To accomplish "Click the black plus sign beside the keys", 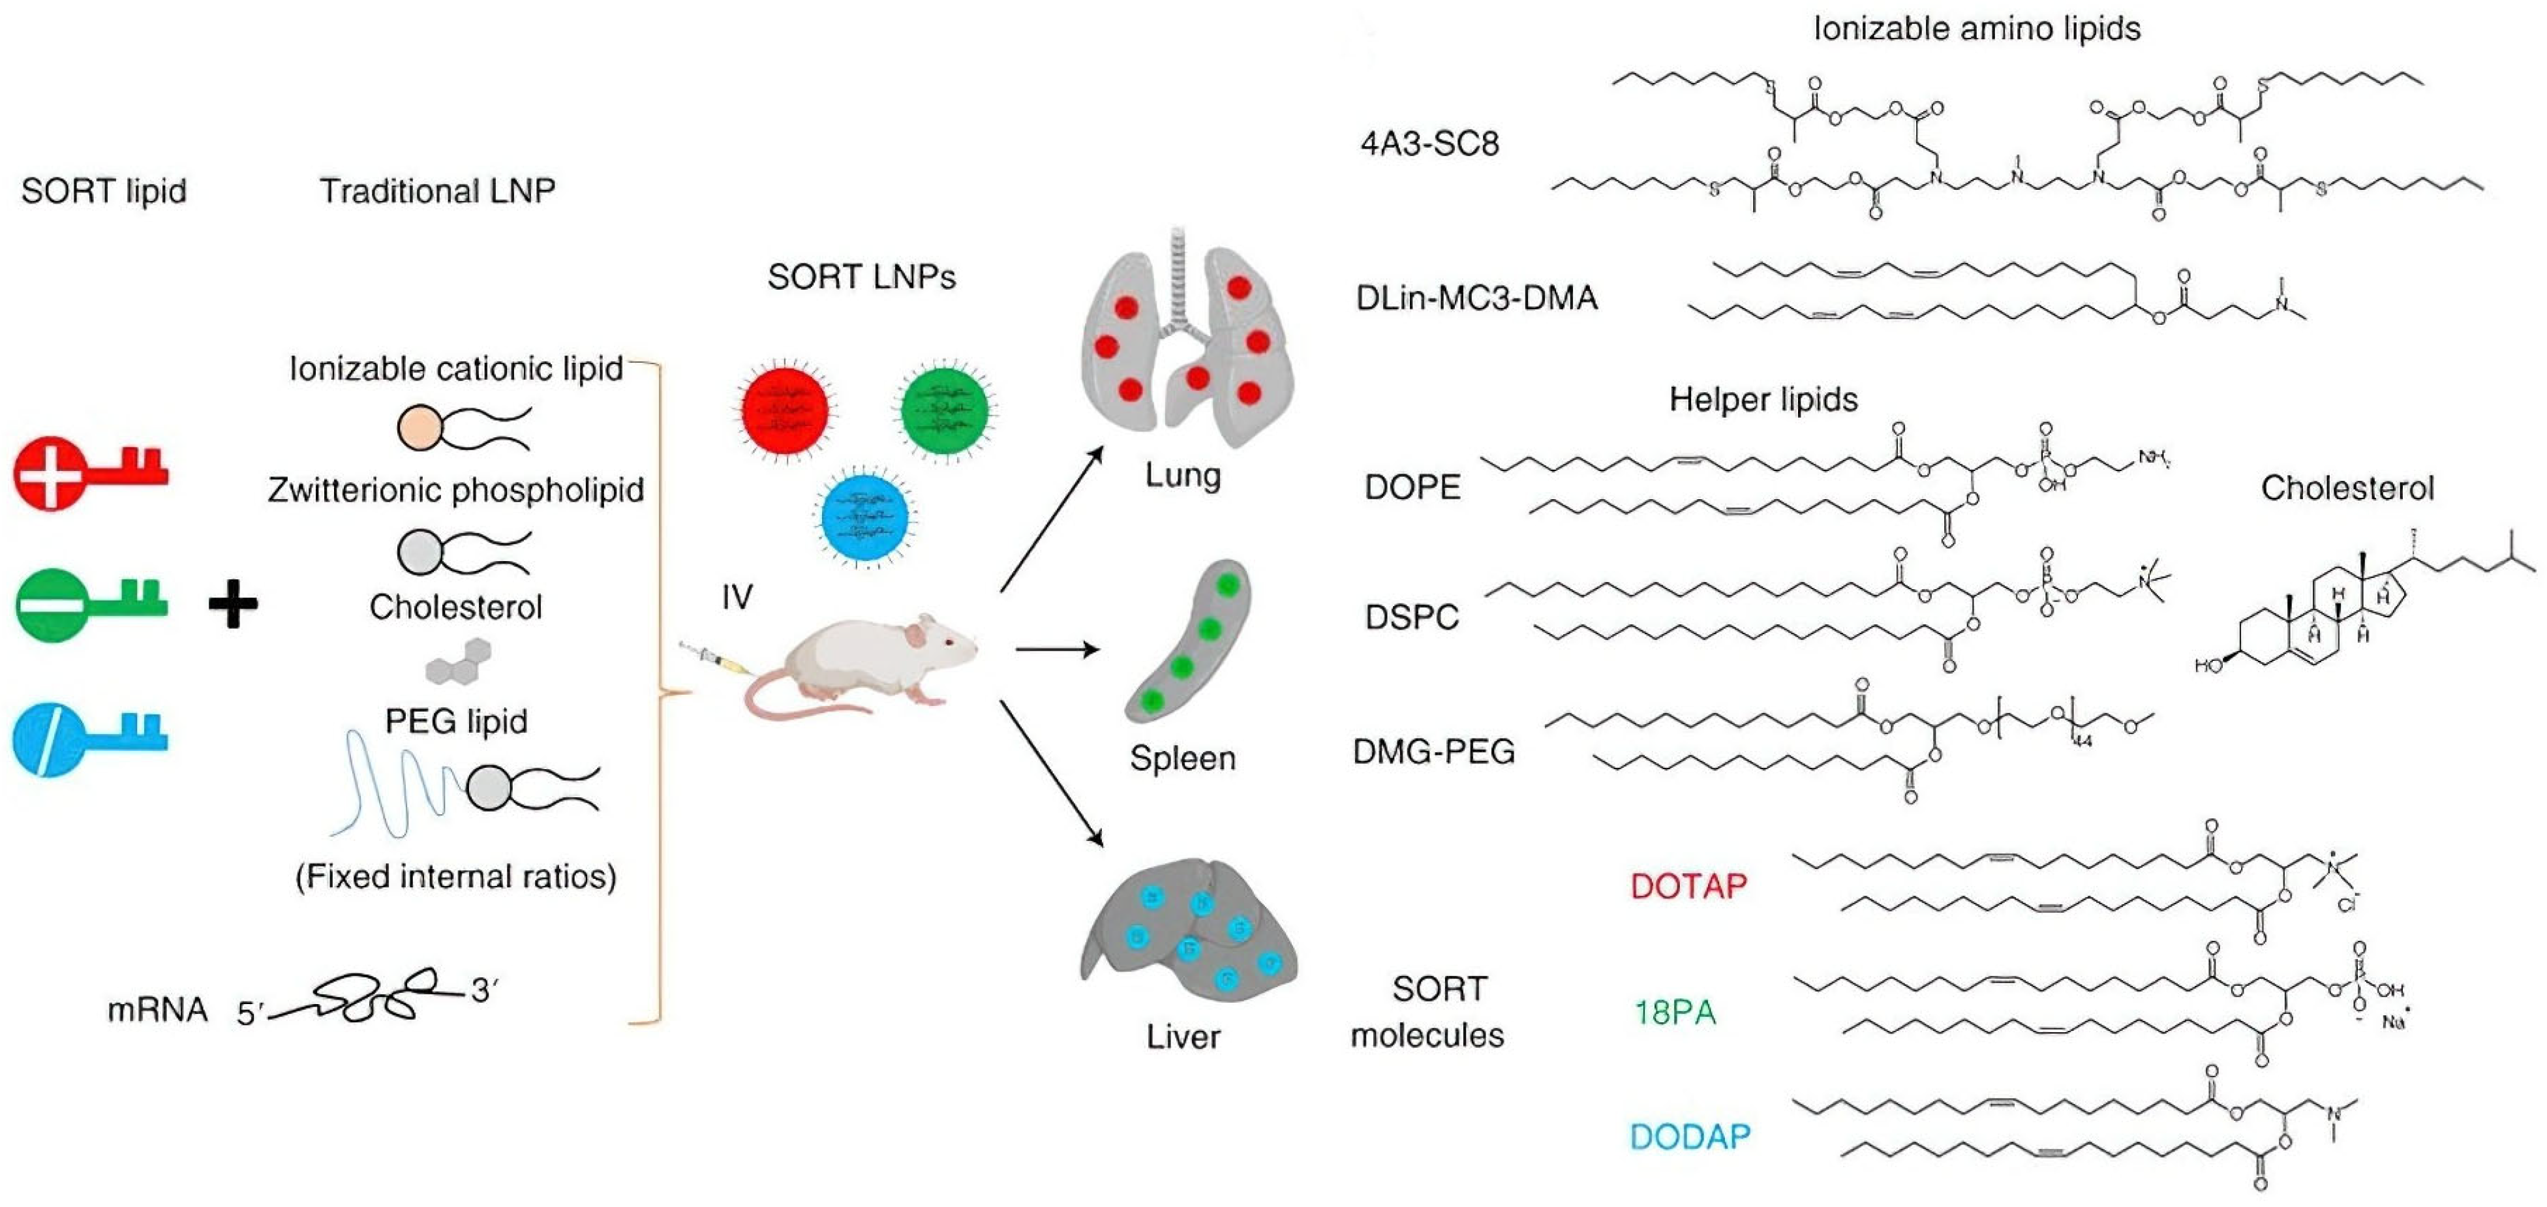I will point(234,603).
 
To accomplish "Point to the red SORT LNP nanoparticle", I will point(785,409).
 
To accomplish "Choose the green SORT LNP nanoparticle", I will point(944,409).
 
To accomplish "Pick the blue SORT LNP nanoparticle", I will point(865,517).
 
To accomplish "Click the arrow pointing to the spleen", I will point(1058,649).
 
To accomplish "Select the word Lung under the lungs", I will point(1183,476).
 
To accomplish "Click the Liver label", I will point(1183,1037).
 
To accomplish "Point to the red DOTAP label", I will point(1689,886).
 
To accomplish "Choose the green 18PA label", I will point(1675,1013).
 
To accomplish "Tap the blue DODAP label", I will point(1690,1137).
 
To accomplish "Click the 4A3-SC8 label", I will point(1429,144).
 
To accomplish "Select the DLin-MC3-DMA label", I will point(1476,298).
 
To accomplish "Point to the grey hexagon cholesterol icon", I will point(459,662).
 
